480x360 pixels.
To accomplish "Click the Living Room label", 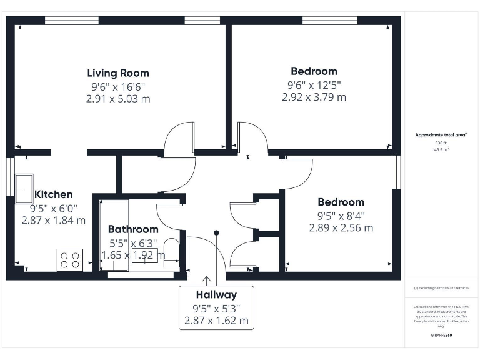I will coord(118,73).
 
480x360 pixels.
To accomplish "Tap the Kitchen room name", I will coord(54,194).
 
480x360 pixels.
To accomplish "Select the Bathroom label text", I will coord(133,229).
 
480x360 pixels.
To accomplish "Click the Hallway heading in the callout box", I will coord(216,295).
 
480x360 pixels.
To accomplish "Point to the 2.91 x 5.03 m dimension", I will coord(118,99).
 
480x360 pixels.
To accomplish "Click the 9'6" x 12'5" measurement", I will coord(314,84).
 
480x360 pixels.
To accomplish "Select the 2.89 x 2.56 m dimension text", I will coord(341,227).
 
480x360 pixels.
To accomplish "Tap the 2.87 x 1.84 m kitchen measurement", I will coord(54,220).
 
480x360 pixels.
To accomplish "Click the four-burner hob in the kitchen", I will coord(70,259).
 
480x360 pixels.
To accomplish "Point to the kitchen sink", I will coord(25,186).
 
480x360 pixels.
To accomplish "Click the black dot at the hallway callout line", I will coord(217,233).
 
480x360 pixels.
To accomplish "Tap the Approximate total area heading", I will coord(441,134).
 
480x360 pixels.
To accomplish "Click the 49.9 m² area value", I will coord(442,149).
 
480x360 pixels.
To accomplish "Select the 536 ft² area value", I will coord(442,143).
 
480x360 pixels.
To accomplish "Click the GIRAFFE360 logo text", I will coord(441,336).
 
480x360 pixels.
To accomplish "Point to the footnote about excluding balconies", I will coord(441,288).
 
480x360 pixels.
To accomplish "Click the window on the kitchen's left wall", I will coord(10,178).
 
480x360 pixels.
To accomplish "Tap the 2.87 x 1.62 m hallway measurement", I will coord(216,321).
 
